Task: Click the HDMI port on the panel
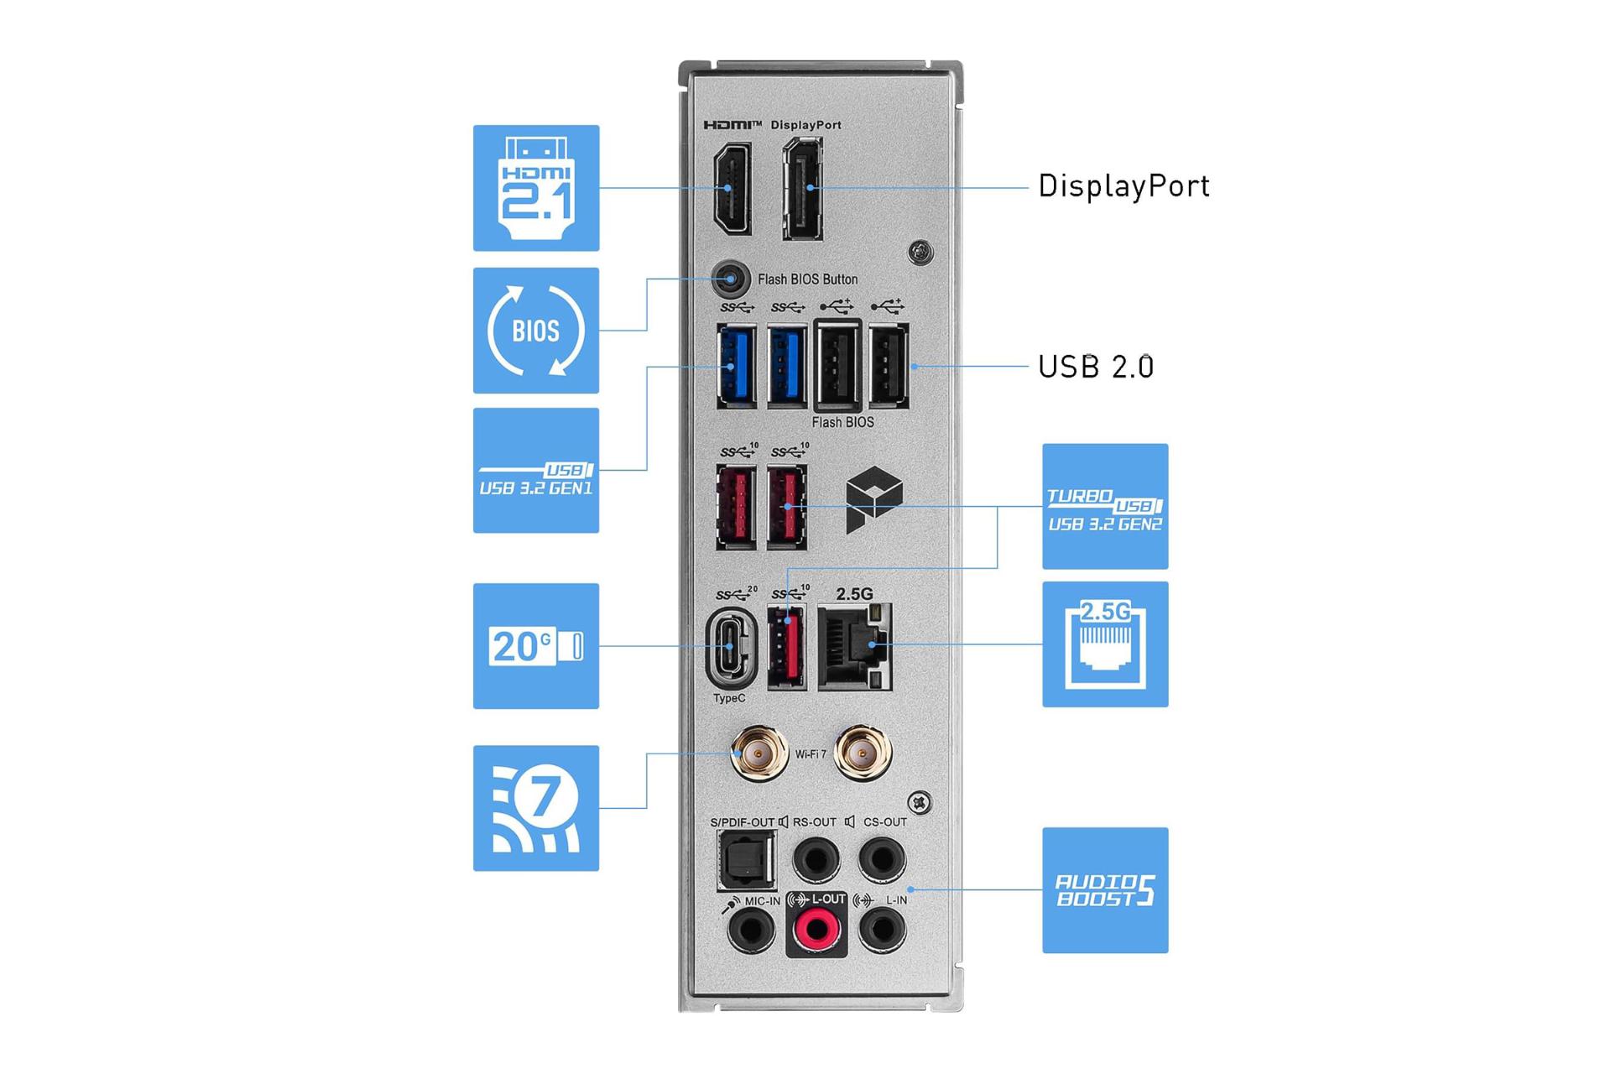pos(731,188)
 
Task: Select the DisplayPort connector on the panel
pos(803,189)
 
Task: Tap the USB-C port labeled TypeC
pos(730,646)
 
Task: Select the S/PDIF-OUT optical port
pos(744,861)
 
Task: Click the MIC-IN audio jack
pos(751,929)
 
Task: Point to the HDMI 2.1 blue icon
pos(536,188)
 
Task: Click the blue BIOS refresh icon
pos(536,331)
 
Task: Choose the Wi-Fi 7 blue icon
pos(536,808)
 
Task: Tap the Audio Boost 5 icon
pos(1105,890)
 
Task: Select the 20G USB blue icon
pos(536,646)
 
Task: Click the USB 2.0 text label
pos(1096,367)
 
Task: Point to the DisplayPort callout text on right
pos(1124,186)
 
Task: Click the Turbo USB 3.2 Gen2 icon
pos(1105,507)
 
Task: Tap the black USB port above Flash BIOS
pos(837,367)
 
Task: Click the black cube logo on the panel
pos(873,500)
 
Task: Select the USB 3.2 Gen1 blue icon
pos(536,471)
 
